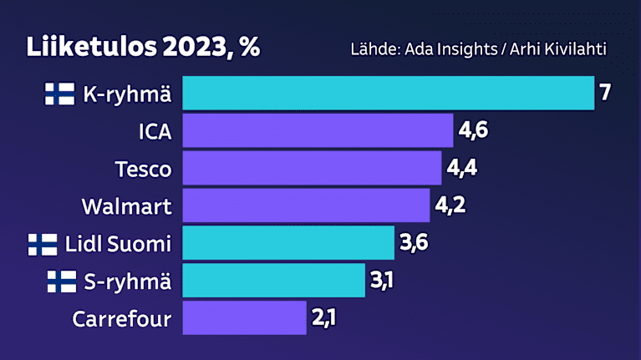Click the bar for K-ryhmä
pyautogui.click(x=388, y=93)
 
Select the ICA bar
pyautogui.click(x=318, y=130)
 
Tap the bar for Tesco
pyautogui.click(x=312, y=168)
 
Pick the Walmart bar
pyautogui.click(x=306, y=205)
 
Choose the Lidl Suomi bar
pyautogui.click(x=288, y=243)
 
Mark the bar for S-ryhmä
pyautogui.click(x=274, y=281)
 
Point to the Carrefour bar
pyautogui.click(x=244, y=318)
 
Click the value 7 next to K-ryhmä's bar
pyautogui.click(x=606, y=93)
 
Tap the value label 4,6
pyautogui.click(x=474, y=130)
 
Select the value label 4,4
pyautogui.click(x=461, y=168)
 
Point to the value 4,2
pyautogui.click(x=450, y=205)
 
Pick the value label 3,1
pyautogui.click(x=382, y=281)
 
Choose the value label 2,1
pyautogui.click(x=323, y=318)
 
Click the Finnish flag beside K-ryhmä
pyautogui.click(x=59, y=94)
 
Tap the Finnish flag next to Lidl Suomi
pyautogui.click(x=43, y=244)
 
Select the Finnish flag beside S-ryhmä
pyautogui.click(x=61, y=281)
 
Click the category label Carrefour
pyautogui.click(x=122, y=319)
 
